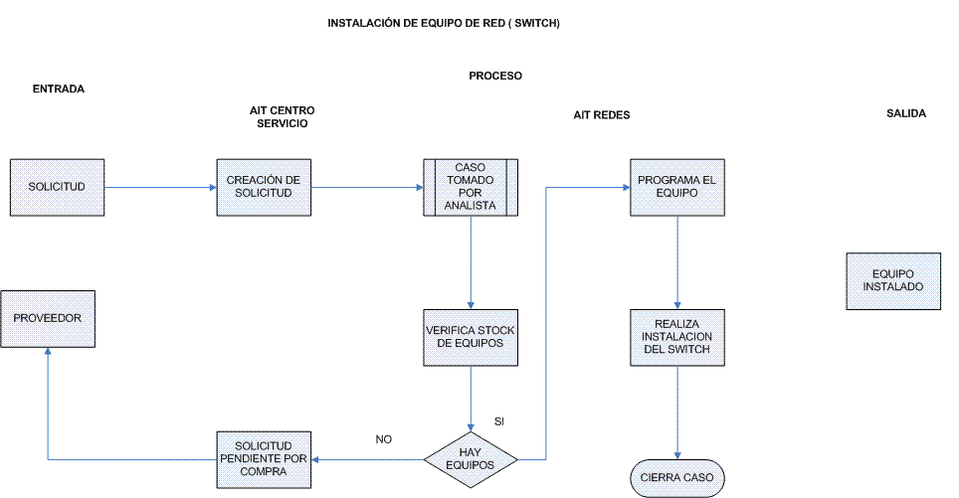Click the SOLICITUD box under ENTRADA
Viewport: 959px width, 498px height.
point(57,188)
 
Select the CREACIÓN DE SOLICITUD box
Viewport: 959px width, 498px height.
point(264,188)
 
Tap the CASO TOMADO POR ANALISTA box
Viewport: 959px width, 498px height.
point(471,188)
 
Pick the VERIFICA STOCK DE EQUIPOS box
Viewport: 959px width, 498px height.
point(471,338)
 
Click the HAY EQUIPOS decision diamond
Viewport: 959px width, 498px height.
point(471,459)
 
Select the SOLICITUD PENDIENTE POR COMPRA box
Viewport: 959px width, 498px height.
point(264,460)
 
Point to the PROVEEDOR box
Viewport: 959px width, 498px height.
point(48,319)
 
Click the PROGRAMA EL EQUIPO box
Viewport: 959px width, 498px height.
point(677,188)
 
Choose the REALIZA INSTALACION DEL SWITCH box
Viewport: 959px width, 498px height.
point(677,338)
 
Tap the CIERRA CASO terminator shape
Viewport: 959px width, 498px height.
point(677,478)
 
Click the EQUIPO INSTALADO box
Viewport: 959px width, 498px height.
point(893,281)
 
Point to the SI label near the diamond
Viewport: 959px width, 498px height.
point(499,421)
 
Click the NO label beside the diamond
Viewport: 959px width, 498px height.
point(383,439)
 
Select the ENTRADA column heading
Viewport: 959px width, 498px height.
point(58,89)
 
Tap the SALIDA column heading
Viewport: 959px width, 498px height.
point(906,113)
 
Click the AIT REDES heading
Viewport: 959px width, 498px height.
point(601,115)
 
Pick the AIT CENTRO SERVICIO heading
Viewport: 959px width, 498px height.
point(282,116)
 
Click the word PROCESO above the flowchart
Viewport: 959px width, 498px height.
point(495,76)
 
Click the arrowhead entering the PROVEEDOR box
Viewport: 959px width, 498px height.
point(48,351)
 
